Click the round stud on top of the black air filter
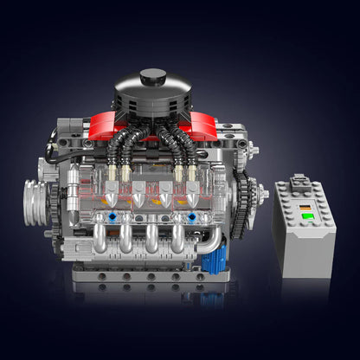153,77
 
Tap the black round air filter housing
153,97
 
